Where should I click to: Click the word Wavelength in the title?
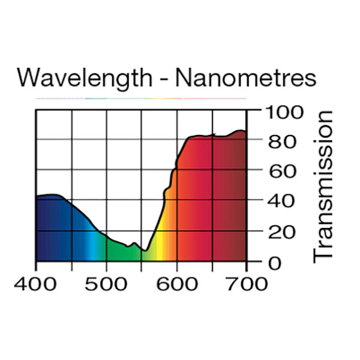click(x=87, y=79)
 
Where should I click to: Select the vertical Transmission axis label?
click(x=323, y=185)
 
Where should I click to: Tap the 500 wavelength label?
click(x=107, y=283)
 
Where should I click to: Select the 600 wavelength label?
click(x=177, y=283)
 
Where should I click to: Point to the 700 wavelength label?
click(x=247, y=283)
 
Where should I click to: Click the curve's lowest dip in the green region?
click(x=145, y=250)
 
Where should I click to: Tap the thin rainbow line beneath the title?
click(x=141, y=98)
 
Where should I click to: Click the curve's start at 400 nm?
click(x=37, y=197)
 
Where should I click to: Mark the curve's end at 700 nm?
click(x=246, y=131)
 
